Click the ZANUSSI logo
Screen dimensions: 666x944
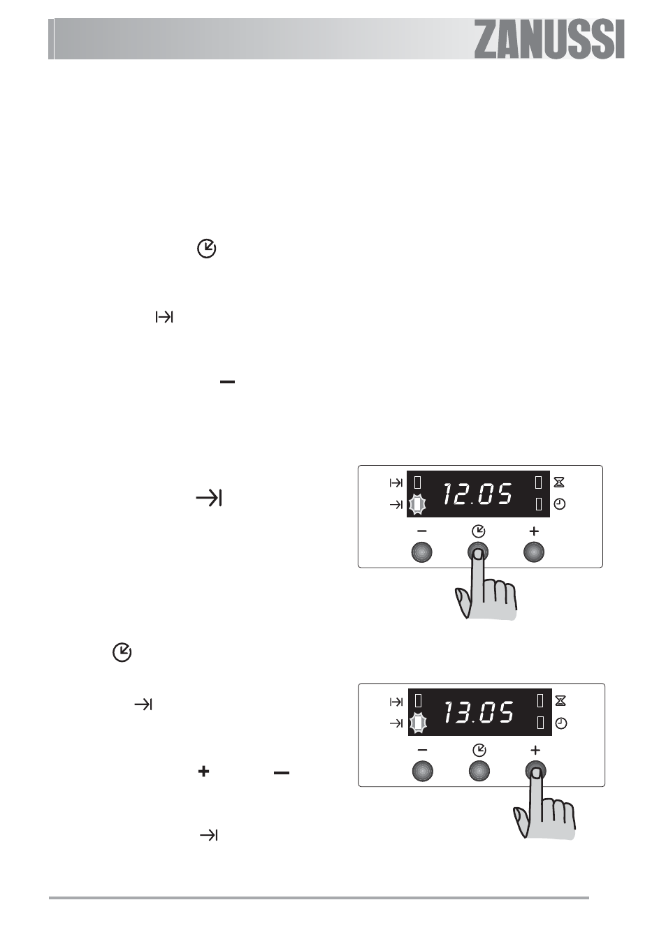[549, 39]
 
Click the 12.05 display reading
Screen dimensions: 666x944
[477, 494]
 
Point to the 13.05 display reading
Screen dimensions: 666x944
[479, 713]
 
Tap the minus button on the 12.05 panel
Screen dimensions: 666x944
[422, 552]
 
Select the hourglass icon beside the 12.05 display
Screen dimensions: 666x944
[559, 482]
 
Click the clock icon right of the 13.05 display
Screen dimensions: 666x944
[561, 723]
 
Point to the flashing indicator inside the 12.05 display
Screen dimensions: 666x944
[417, 504]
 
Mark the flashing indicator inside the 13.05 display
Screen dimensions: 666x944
[418, 723]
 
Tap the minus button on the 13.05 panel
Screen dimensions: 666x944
[423, 772]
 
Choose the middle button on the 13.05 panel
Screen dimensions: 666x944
[479, 772]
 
